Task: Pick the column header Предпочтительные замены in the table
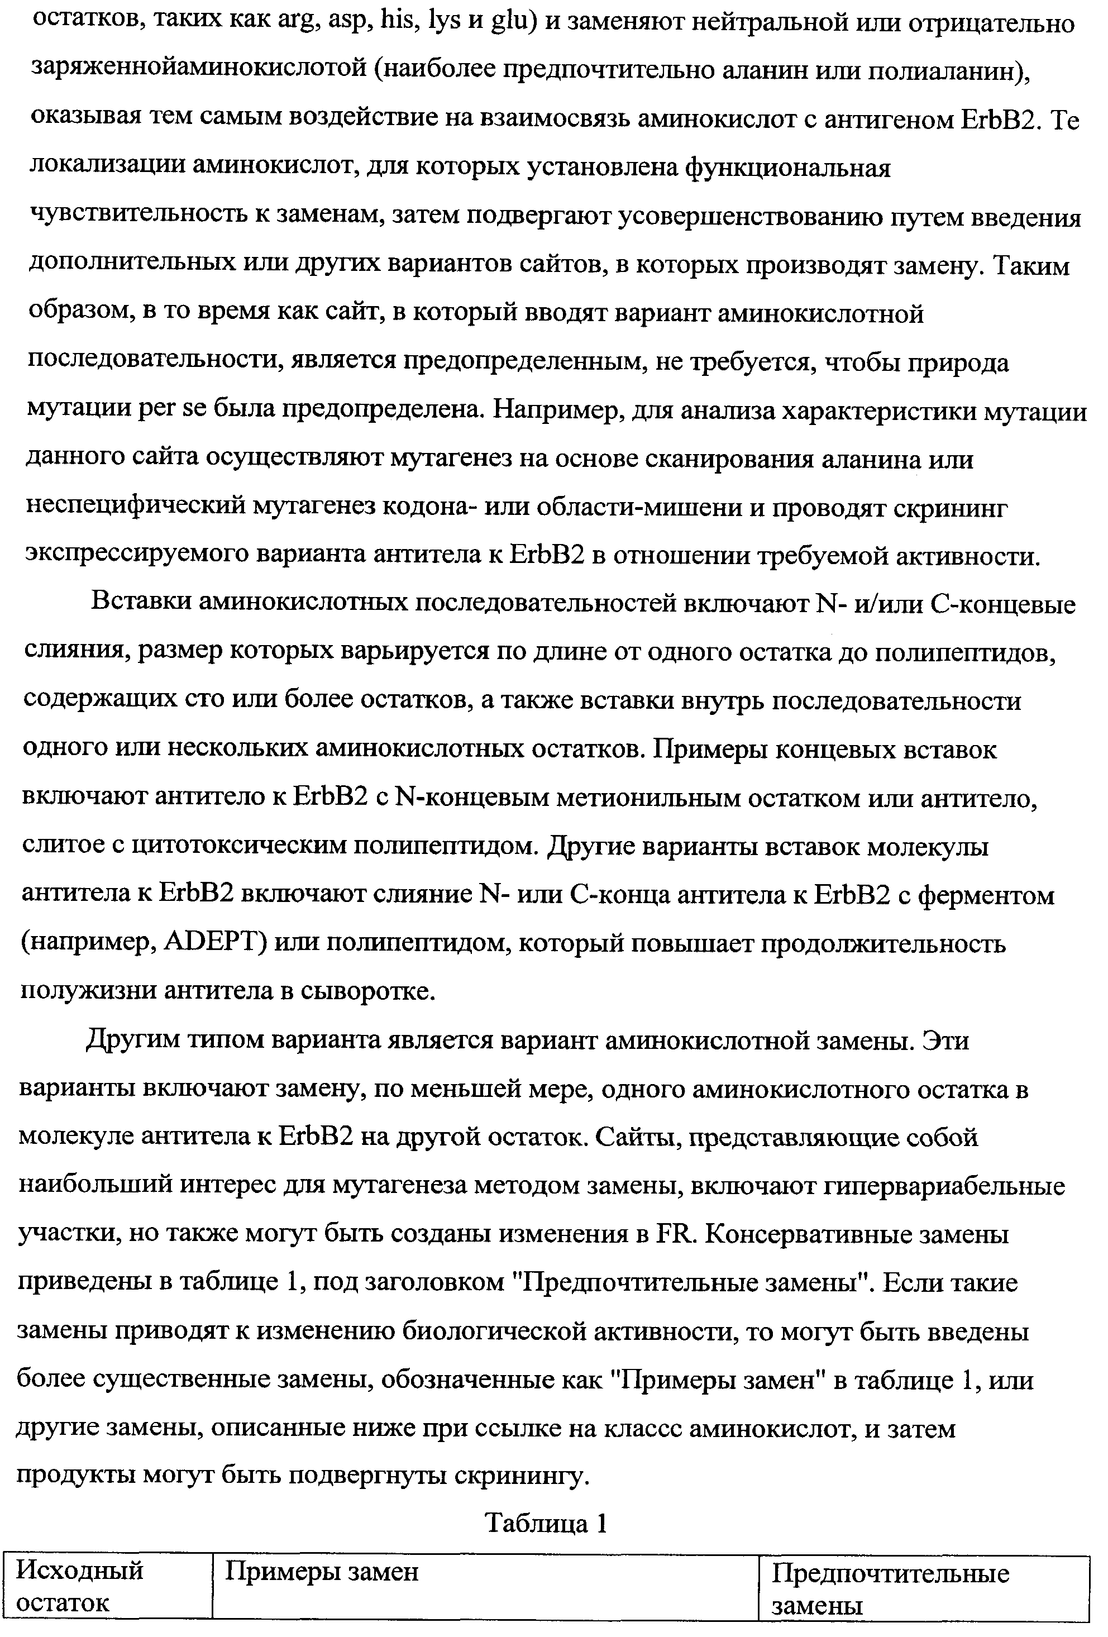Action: tap(890, 1593)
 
